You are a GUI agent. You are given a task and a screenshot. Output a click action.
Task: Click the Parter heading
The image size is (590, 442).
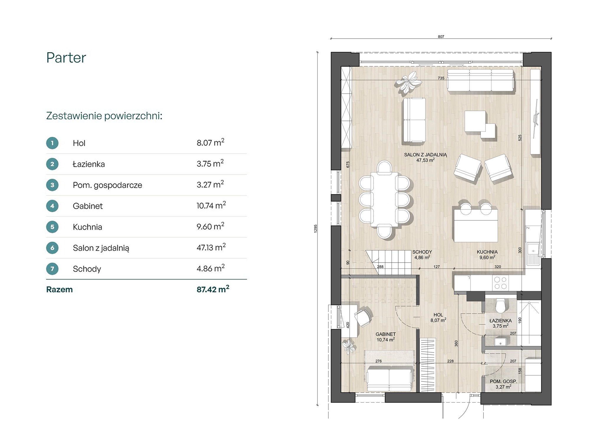point(66,58)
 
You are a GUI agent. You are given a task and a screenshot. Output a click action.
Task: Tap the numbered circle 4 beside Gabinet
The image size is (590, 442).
point(52,206)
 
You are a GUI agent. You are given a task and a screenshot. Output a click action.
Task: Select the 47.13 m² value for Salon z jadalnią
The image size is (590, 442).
point(211,247)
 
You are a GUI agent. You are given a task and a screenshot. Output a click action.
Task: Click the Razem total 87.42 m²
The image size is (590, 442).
point(213,289)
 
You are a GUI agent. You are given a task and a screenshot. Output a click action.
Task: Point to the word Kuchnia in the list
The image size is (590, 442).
point(87,227)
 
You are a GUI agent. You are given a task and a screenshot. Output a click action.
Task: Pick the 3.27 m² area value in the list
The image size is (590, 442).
point(210,184)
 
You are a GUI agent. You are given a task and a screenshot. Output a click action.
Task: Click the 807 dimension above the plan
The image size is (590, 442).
point(441,37)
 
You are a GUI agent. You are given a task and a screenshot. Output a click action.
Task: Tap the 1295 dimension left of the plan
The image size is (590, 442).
point(315,229)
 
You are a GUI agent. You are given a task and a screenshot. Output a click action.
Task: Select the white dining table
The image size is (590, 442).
point(384,199)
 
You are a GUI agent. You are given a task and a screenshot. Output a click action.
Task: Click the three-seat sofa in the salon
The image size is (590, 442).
point(481,80)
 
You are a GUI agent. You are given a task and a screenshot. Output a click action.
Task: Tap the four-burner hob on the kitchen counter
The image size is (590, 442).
point(500,283)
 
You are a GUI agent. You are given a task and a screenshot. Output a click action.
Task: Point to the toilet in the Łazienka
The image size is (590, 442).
point(500,306)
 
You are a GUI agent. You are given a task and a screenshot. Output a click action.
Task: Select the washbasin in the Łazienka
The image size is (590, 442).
point(500,342)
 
